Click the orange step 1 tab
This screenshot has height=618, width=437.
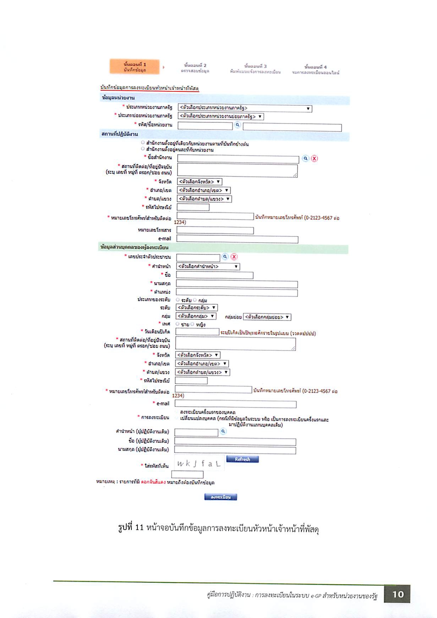pyautogui.click(x=135, y=67)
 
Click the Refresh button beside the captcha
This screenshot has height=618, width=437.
pyautogui.click(x=242, y=459)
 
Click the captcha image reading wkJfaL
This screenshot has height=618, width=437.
pyautogui.click(x=199, y=463)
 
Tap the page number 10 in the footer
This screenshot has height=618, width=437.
pyautogui.click(x=398, y=594)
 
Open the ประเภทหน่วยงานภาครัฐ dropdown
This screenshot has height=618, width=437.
pyautogui.click(x=245, y=108)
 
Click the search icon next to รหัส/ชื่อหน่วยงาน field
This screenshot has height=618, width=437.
pyautogui.click(x=237, y=125)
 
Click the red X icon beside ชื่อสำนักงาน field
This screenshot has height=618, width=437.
pyautogui.click(x=314, y=158)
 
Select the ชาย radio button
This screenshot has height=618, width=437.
pyautogui.click(x=177, y=324)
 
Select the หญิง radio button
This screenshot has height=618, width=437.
pyautogui.click(x=192, y=324)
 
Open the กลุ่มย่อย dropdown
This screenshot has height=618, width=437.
pyautogui.click(x=267, y=317)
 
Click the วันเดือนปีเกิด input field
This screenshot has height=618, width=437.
pyautogui.click(x=197, y=332)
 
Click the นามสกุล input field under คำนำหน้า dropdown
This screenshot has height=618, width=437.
pyautogui.click(x=237, y=284)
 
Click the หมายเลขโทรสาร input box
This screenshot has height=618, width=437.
pyautogui.click(x=215, y=231)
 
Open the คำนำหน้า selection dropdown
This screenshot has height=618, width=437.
pyautogui.click(x=208, y=267)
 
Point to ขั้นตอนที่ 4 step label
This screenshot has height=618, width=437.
pyautogui.click(x=316, y=69)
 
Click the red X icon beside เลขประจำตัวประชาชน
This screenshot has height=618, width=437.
pyautogui.click(x=234, y=257)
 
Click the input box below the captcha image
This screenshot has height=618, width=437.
pyautogui.click(x=187, y=474)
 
